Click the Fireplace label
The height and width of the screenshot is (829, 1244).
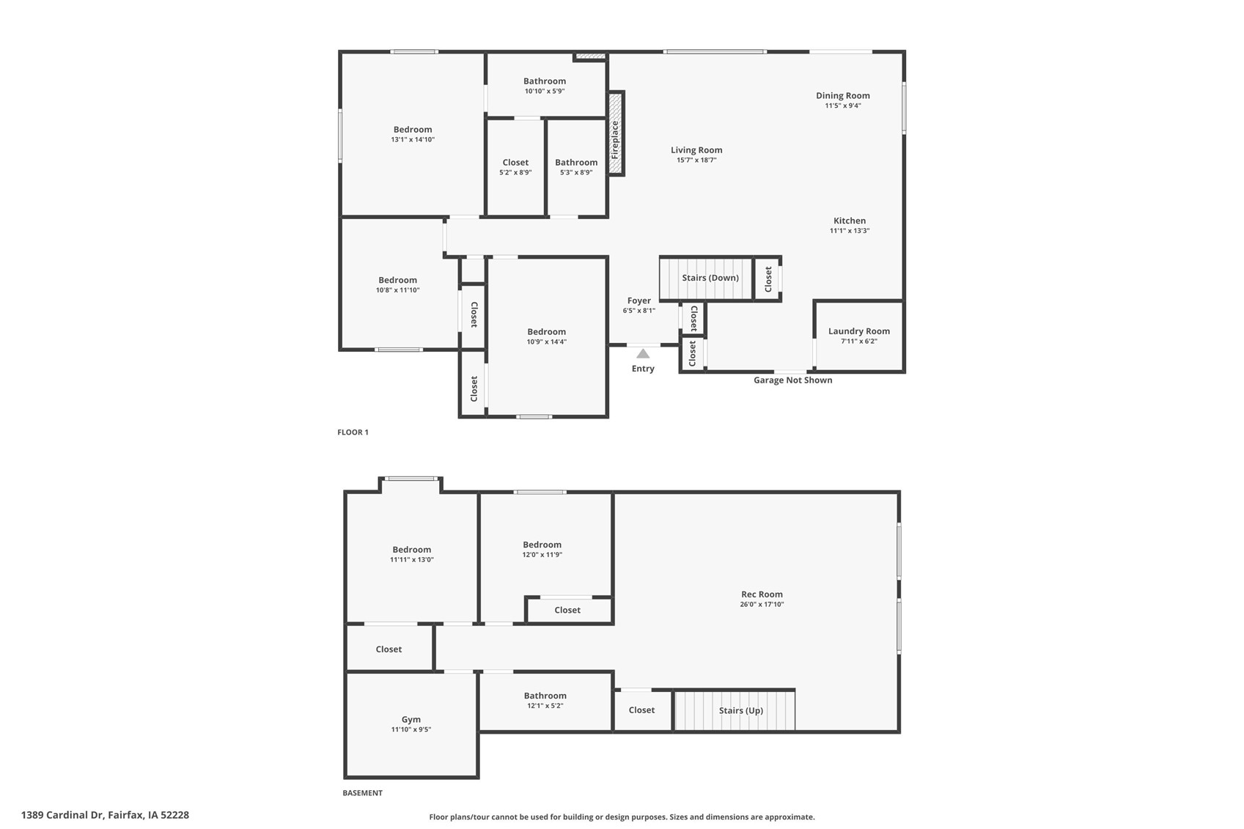[x=615, y=140]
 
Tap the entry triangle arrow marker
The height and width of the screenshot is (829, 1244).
[x=643, y=353]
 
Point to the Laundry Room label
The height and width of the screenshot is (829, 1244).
[x=858, y=331]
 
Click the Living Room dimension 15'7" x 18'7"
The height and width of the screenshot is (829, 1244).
[x=696, y=160]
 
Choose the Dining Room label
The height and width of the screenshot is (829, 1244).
[x=843, y=95]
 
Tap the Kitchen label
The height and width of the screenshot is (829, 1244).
[x=850, y=221]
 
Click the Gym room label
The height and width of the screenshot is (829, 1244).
[x=411, y=720]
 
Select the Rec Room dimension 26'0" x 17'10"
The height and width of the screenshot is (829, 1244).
[x=762, y=605]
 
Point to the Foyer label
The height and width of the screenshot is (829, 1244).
[x=639, y=301]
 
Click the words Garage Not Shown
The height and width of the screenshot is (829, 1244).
[x=792, y=380]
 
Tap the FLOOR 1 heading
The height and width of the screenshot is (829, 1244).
[x=353, y=432]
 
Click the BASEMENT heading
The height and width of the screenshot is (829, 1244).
[x=362, y=793]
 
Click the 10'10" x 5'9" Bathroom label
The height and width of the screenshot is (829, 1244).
[x=545, y=81]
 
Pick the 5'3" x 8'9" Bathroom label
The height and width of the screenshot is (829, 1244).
[x=576, y=163]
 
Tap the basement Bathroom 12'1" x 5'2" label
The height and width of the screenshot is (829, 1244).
[x=545, y=696]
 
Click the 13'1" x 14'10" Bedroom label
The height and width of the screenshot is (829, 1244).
[x=413, y=130]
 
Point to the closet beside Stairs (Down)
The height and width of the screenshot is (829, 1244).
[x=768, y=279]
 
